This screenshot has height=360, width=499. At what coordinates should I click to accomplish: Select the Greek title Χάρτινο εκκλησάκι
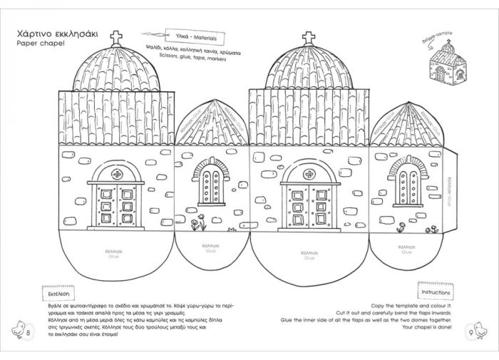coord(57,33)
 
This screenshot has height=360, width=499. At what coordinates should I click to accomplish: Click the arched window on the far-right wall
coord(406,187)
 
